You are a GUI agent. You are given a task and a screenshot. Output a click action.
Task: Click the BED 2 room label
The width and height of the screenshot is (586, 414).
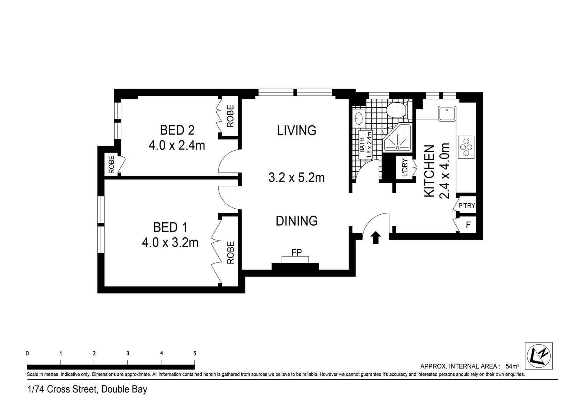[x=177, y=130]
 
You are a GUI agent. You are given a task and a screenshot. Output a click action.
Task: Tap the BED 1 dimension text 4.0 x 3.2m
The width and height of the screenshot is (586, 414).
[x=170, y=243]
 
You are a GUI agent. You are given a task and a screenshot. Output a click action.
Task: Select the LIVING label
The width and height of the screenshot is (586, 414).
[x=297, y=130]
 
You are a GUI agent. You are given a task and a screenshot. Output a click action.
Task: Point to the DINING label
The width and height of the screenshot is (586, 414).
[x=297, y=221]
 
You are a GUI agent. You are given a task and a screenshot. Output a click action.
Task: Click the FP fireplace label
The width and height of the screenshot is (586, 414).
[x=297, y=252]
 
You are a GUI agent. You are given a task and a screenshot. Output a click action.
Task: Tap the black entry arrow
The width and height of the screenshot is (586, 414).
[x=376, y=237]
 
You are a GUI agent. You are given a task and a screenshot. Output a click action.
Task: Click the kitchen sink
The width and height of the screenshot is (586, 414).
[x=447, y=113]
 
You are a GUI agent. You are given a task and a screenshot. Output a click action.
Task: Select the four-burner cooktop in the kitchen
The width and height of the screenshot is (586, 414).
[x=466, y=147]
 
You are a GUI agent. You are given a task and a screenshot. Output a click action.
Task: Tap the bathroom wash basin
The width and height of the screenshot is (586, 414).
[x=359, y=118]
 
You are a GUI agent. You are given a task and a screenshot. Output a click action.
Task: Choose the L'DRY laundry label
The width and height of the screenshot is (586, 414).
[x=405, y=168]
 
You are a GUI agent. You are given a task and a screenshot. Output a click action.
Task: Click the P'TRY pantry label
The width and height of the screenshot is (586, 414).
[x=467, y=205]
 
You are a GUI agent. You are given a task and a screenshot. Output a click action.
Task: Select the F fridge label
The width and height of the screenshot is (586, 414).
[x=468, y=225]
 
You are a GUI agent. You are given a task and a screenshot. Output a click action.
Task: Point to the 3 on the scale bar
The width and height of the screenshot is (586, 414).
[x=128, y=353]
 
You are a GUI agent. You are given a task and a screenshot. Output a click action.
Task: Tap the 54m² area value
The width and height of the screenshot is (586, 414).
[x=512, y=366]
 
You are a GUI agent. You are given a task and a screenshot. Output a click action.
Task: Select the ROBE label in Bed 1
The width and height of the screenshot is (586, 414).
[x=230, y=252]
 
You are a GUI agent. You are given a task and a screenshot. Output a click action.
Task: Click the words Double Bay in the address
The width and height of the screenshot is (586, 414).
[x=124, y=389]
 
